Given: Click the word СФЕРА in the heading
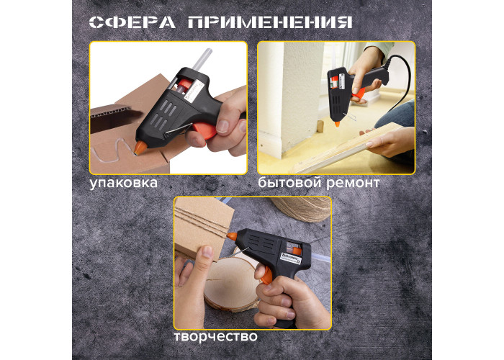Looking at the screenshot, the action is coord(132,22).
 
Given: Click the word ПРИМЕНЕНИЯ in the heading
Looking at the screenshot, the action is coord(270,22).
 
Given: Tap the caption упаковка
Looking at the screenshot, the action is coord(123,183).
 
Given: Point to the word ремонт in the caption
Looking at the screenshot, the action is coord(353,183).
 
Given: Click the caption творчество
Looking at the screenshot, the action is coord(216,336).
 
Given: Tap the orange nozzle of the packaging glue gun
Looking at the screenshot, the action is coord(140,148).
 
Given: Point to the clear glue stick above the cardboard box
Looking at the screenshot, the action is coord(202,59).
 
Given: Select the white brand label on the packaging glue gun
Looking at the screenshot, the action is coord(194,91).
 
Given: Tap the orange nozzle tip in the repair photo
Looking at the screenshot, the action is coord(337,124).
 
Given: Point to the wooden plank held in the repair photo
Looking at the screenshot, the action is coord(347,148).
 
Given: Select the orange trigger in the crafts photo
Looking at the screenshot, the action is coord(266,276).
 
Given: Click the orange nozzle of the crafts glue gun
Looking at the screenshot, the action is coord(232,237).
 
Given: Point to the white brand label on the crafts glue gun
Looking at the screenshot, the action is coord(291,258).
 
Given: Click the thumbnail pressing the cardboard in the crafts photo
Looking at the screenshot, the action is coord(207,251).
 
